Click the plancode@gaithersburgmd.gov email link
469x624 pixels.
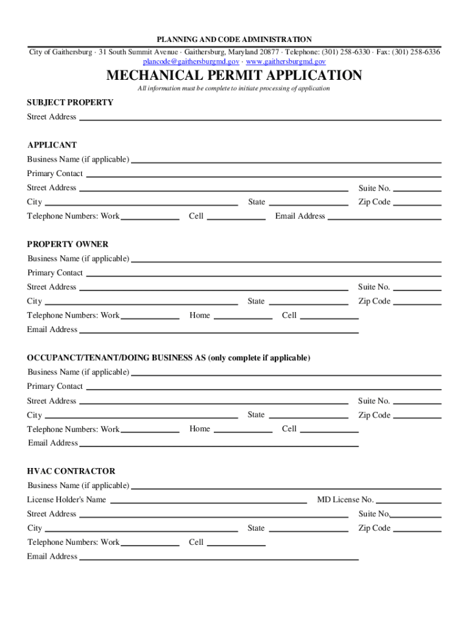(191, 62)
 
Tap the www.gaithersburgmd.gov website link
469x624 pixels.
(286, 62)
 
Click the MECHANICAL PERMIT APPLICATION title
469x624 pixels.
(234, 76)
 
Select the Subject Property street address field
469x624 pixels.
(260, 116)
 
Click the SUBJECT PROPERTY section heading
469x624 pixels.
(70, 102)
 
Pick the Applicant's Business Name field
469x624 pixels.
(286, 159)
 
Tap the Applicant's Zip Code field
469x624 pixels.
(417, 202)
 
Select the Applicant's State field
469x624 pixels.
(308, 202)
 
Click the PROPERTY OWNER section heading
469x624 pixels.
(68, 244)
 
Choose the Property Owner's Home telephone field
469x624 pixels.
(243, 315)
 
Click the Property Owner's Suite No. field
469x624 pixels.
(417, 286)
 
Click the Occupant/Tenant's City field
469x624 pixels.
(141, 415)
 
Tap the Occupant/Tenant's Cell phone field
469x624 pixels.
(330, 428)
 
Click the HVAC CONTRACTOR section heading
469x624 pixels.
(71, 471)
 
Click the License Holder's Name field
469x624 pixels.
(208, 500)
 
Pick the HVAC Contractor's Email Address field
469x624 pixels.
(219, 556)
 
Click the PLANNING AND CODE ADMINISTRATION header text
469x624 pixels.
(234, 40)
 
